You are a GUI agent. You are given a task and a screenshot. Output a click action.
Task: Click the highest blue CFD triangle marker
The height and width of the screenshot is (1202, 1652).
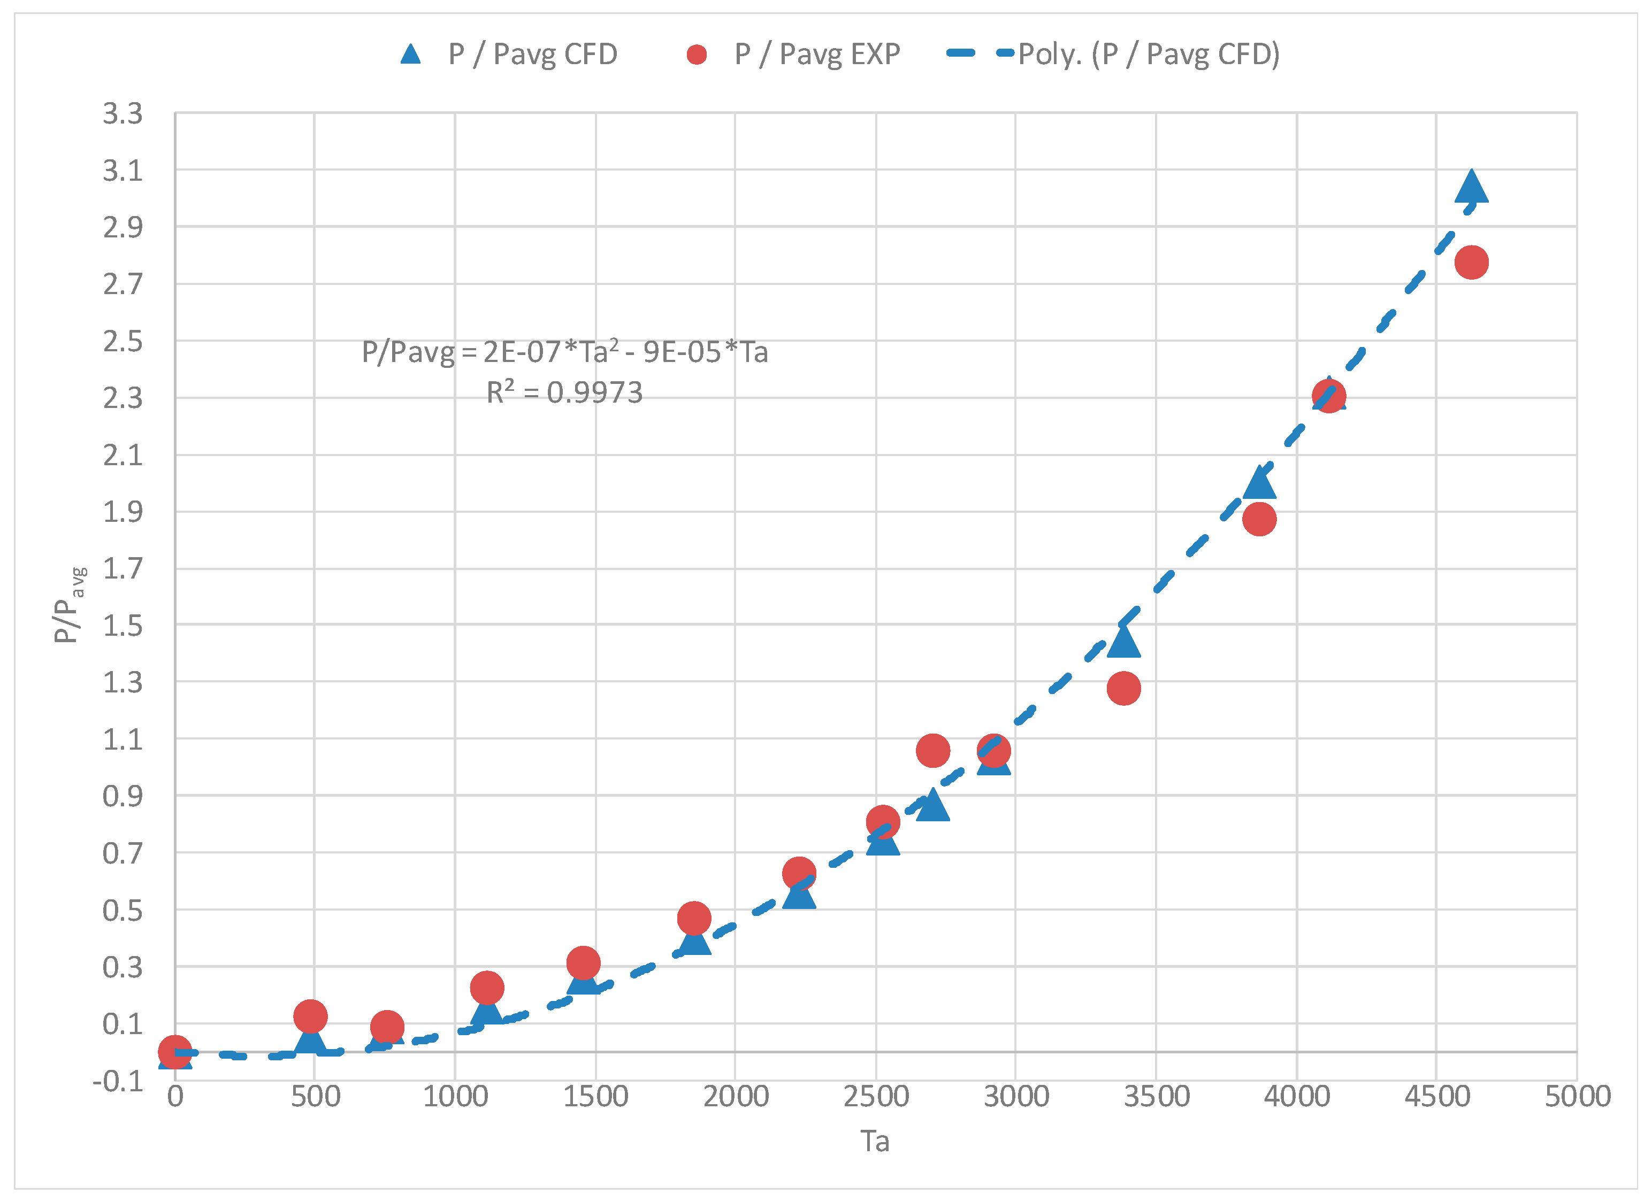click(1471, 187)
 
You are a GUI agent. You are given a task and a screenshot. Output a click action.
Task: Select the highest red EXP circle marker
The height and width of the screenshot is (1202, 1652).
click(1471, 262)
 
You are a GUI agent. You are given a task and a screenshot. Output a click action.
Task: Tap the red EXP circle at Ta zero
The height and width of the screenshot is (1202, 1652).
click(175, 1052)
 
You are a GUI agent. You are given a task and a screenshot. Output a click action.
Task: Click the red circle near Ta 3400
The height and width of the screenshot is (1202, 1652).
click(1123, 688)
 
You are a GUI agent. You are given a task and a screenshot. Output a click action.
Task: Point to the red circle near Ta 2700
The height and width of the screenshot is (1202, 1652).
click(932, 750)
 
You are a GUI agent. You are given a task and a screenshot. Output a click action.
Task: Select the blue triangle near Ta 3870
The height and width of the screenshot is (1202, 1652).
click(1259, 483)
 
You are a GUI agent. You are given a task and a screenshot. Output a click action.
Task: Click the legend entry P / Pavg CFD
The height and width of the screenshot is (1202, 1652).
click(510, 54)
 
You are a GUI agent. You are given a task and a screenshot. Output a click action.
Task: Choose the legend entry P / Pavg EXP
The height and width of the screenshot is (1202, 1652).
click(794, 54)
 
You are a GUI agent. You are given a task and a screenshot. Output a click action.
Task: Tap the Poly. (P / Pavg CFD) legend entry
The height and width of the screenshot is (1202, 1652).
click(1114, 54)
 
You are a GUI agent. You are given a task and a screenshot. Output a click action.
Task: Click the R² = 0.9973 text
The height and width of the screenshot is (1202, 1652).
click(564, 392)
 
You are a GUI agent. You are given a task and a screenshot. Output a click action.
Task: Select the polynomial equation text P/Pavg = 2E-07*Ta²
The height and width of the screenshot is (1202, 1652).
click(564, 352)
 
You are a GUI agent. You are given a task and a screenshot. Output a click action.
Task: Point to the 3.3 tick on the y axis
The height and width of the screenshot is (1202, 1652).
click(123, 113)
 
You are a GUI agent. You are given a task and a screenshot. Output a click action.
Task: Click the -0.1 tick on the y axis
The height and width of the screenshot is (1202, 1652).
click(118, 1081)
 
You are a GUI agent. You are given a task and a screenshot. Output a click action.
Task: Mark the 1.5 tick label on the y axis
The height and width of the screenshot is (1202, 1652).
click(123, 626)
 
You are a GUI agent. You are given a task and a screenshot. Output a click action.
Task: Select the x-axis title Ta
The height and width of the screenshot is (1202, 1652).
click(874, 1142)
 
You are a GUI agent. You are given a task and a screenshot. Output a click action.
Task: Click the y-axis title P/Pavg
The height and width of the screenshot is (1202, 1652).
click(67, 604)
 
